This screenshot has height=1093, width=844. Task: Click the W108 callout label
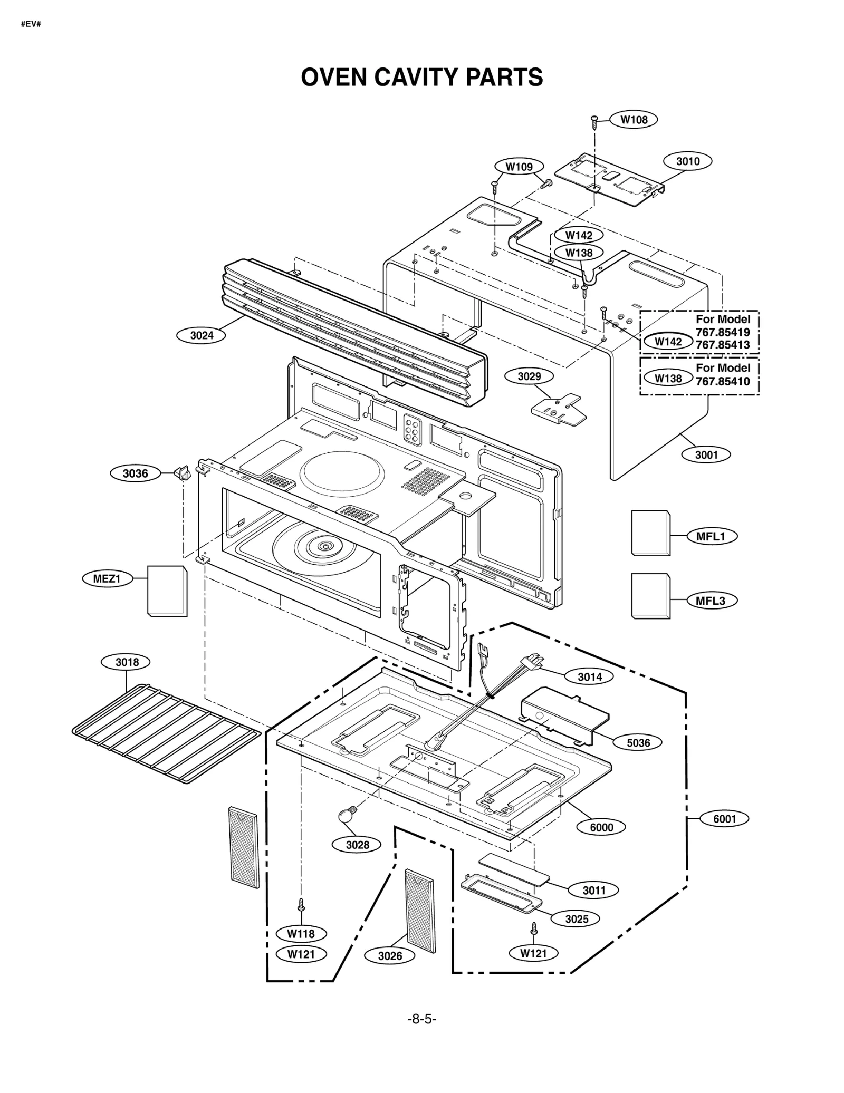pyautogui.click(x=634, y=120)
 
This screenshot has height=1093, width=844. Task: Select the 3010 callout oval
pyautogui.click(x=688, y=161)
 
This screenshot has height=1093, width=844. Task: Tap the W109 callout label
pyautogui.click(x=519, y=167)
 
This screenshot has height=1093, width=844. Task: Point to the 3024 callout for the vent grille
pyautogui.click(x=202, y=335)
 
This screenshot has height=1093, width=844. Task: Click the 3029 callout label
pyautogui.click(x=529, y=376)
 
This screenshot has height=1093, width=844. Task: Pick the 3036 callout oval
pyautogui.click(x=135, y=473)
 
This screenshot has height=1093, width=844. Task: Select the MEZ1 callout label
pyautogui.click(x=107, y=579)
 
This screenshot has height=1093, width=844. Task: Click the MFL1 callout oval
pyautogui.click(x=712, y=537)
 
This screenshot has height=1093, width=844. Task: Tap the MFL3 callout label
pyautogui.click(x=712, y=601)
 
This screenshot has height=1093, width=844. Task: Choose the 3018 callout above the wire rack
pyautogui.click(x=127, y=662)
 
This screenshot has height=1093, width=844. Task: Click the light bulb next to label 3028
pyautogui.click(x=346, y=815)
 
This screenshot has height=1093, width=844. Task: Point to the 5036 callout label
pyautogui.click(x=638, y=743)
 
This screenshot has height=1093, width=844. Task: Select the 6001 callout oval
pyautogui.click(x=724, y=819)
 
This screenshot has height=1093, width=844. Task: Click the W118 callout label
pyautogui.click(x=301, y=934)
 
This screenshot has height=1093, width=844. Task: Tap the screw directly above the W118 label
pyautogui.click(x=301, y=905)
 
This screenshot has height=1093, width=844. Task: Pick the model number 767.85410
pyautogui.click(x=722, y=381)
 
